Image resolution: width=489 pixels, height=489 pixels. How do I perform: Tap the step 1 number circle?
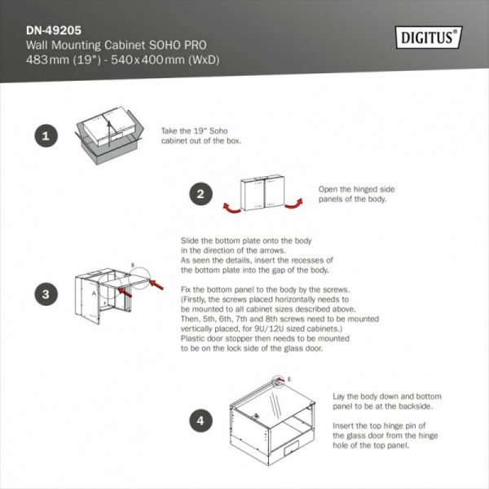point(46,136)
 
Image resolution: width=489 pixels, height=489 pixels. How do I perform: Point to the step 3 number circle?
point(46,293)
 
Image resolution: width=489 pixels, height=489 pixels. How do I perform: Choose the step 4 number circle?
point(201,421)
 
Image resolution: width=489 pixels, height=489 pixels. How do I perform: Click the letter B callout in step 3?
point(132,266)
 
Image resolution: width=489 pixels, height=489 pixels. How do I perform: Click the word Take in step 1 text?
point(171,130)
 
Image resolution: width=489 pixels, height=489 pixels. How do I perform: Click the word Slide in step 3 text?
point(190,241)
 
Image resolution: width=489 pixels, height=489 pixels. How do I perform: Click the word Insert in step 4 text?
point(346,426)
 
